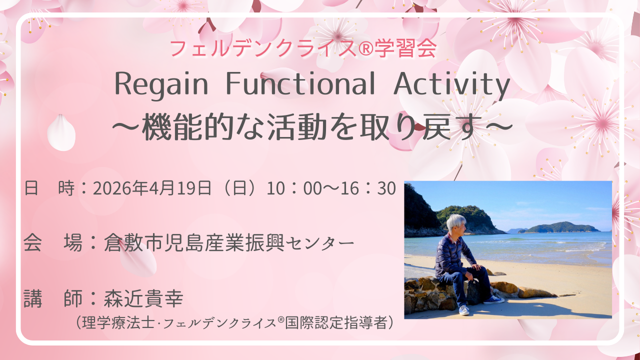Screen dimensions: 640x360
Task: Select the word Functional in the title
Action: [x=300, y=83]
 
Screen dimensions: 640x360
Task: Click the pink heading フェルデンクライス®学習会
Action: [x=303, y=48]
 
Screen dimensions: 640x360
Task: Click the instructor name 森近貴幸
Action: [x=143, y=298]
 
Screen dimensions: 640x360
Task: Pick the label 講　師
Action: [x=53, y=298]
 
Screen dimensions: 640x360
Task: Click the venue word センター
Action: [x=320, y=243]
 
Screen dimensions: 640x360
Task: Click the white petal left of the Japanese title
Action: [x=61, y=132]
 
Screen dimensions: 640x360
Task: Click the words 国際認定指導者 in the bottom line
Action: [x=336, y=323]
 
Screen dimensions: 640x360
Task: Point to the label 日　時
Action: [x=49, y=188]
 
